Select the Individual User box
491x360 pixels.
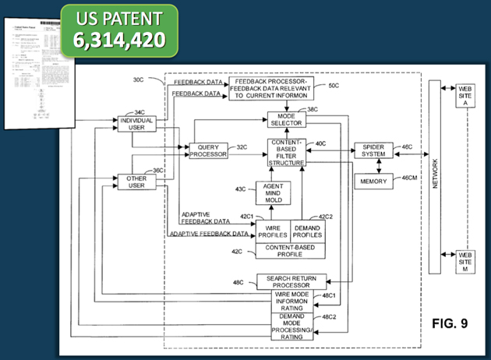pos(136,124)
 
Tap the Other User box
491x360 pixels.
pos(136,182)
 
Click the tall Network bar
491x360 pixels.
pos(434,177)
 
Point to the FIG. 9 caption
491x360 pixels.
pos(448,323)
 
